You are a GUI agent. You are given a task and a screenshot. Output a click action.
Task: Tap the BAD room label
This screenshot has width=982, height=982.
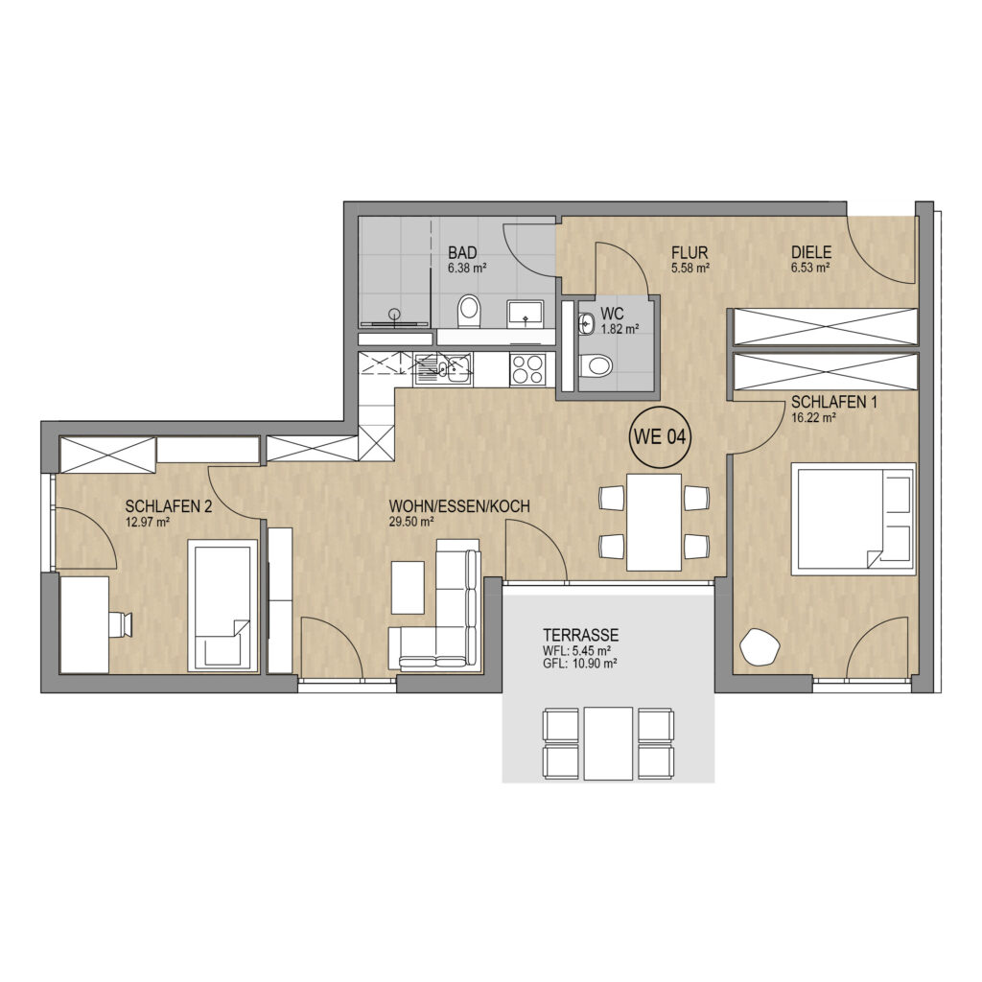tap(462, 253)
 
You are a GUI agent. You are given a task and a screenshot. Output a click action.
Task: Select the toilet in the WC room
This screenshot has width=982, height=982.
tap(595, 365)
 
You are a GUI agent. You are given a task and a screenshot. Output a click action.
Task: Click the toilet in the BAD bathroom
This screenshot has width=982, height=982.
tap(468, 312)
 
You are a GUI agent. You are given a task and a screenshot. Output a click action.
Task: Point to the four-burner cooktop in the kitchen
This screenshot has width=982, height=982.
tap(528, 369)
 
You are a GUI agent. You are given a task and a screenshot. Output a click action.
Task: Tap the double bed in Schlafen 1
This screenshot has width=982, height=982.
tap(853, 519)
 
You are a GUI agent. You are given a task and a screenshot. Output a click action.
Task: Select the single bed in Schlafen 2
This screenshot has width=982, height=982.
tap(222, 606)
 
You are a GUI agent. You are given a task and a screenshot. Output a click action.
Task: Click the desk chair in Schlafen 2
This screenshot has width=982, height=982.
tap(121, 625)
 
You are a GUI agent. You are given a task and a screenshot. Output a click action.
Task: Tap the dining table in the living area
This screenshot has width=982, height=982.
tap(654, 523)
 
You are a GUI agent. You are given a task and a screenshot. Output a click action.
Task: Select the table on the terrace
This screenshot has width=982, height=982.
tap(609, 743)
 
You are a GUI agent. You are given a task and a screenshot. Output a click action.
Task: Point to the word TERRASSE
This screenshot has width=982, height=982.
tap(581, 635)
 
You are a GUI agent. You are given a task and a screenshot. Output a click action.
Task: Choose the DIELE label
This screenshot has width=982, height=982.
tap(811, 253)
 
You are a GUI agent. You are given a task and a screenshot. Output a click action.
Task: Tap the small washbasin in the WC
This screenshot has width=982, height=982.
tap(586, 324)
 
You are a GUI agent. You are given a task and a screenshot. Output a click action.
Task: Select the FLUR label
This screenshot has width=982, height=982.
tap(690, 253)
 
